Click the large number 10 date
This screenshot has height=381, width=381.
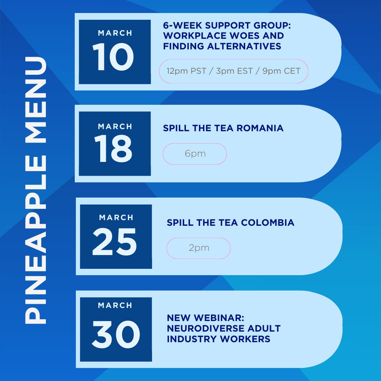tap(114, 58)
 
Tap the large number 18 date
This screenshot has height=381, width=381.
tap(114, 150)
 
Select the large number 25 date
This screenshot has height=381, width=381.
tap(115, 243)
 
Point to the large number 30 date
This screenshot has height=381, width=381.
tap(116, 335)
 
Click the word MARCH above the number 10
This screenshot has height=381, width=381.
tap(115, 33)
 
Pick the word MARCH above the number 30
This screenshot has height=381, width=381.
tap(116, 305)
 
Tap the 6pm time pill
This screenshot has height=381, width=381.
tap(195, 154)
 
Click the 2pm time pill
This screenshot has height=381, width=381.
tap(199, 248)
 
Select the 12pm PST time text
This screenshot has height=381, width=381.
tap(182, 71)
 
